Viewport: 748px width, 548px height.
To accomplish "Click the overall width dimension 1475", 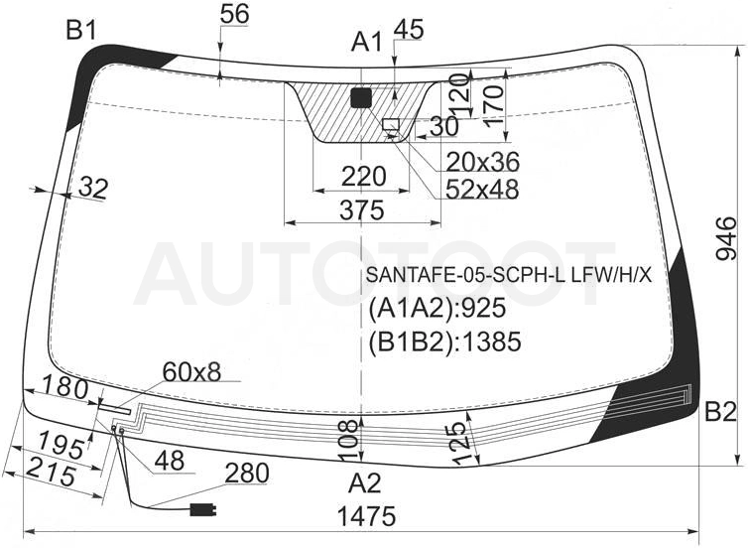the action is (x=366, y=516).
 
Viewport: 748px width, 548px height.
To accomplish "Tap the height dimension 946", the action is (x=726, y=238).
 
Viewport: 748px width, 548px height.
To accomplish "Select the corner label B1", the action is (x=81, y=32).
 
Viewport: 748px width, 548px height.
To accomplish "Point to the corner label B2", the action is (x=721, y=412).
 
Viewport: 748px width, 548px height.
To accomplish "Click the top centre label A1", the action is (x=367, y=42).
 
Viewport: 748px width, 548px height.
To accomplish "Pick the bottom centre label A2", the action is (x=365, y=483).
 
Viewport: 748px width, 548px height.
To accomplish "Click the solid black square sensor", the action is (x=361, y=98).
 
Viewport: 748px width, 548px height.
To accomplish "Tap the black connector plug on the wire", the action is (x=203, y=510).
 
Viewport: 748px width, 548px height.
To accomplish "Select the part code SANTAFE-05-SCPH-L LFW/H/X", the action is (x=509, y=275).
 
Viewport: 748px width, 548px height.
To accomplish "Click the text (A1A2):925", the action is (x=436, y=308).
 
